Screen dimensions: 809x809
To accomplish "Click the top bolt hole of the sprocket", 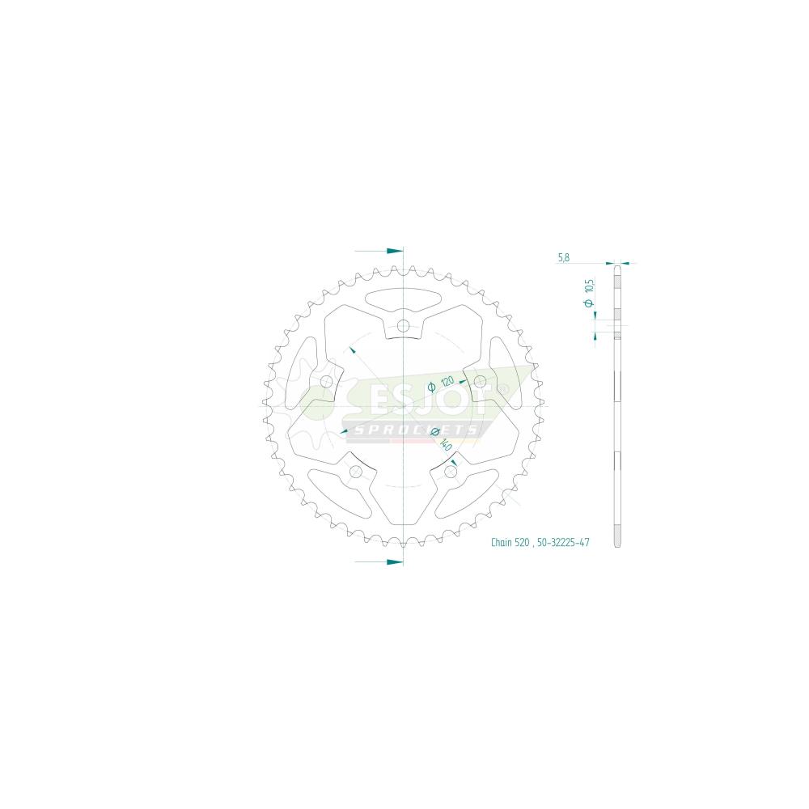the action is point(403,325).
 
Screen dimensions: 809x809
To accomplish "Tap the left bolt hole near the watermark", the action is point(326,382).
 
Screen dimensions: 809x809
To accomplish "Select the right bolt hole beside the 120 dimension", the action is point(480,382).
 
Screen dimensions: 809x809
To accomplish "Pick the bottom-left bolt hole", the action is point(355,472).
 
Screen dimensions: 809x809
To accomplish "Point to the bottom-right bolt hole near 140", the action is point(451,472).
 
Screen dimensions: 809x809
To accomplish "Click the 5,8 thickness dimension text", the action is point(563,257).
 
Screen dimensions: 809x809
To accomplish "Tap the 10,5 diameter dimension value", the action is point(591,285).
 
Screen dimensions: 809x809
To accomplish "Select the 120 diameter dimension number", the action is point(447,382).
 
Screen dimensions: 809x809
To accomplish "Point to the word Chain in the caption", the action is point(501,542).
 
